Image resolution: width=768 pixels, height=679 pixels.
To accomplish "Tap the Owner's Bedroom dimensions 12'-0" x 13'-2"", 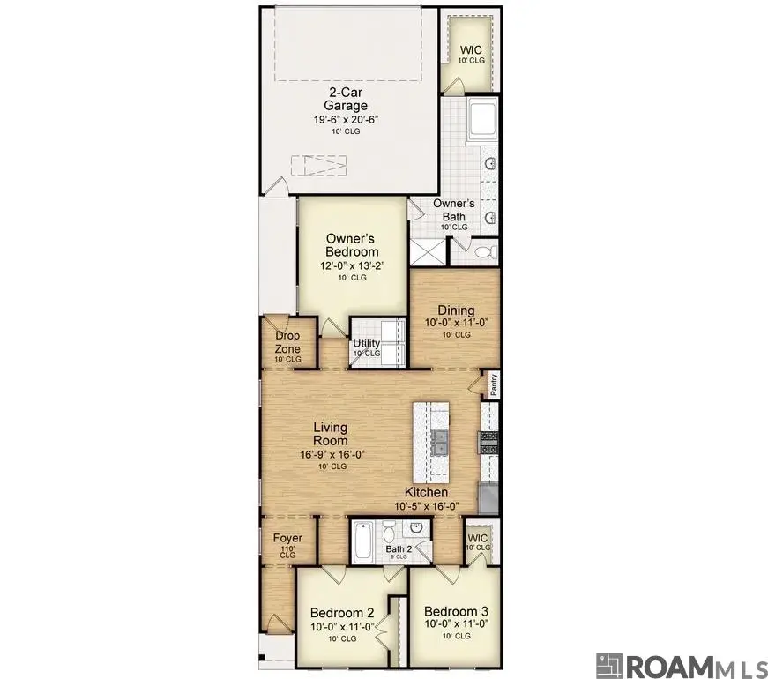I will tap(351, 265).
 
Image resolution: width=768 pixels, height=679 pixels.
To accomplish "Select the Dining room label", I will tap(456, 310).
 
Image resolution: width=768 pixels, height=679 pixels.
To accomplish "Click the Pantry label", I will tap(495, 384).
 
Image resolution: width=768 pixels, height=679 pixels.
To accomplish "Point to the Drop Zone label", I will tap(287, 342).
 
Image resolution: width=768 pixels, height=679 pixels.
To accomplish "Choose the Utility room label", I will tap(366, 343).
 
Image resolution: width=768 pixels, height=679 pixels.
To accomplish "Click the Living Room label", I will tap(331, 434).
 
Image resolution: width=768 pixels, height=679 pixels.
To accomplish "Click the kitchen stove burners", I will tap(489, 442).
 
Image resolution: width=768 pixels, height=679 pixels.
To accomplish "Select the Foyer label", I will tap(287, 538).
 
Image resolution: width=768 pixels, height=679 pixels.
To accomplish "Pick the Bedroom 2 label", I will tap(342, 612).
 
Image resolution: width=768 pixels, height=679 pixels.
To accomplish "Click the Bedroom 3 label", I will tap(456, 611).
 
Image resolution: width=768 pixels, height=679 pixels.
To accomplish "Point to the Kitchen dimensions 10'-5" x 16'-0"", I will tap(426, 506).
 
